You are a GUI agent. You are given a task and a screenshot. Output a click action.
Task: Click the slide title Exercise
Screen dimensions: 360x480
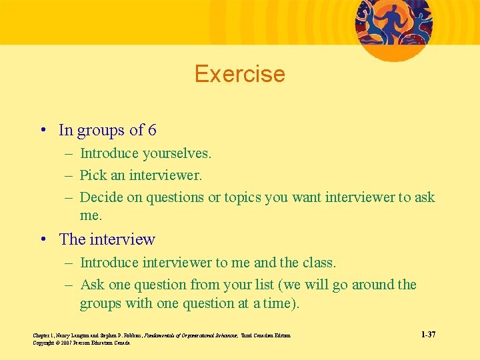(x=239, y=73)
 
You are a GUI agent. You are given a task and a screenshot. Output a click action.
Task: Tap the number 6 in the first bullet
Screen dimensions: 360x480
(x=152, y=130)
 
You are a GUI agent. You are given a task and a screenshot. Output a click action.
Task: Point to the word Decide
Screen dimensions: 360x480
(x=101, y=197)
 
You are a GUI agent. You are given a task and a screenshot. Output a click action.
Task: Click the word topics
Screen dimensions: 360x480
(x=246, y=197)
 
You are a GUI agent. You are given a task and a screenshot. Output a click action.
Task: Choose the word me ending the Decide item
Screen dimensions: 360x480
(x=91, y=216)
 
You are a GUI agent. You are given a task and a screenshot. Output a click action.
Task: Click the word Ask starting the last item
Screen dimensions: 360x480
(x=93, y=285)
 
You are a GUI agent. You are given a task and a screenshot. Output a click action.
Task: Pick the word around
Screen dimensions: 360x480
(x=371, y=285)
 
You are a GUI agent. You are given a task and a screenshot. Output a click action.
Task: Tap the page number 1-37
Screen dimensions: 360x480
(x=429, y=334)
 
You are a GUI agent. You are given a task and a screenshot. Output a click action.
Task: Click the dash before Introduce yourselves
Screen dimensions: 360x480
(x=69, y=154)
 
